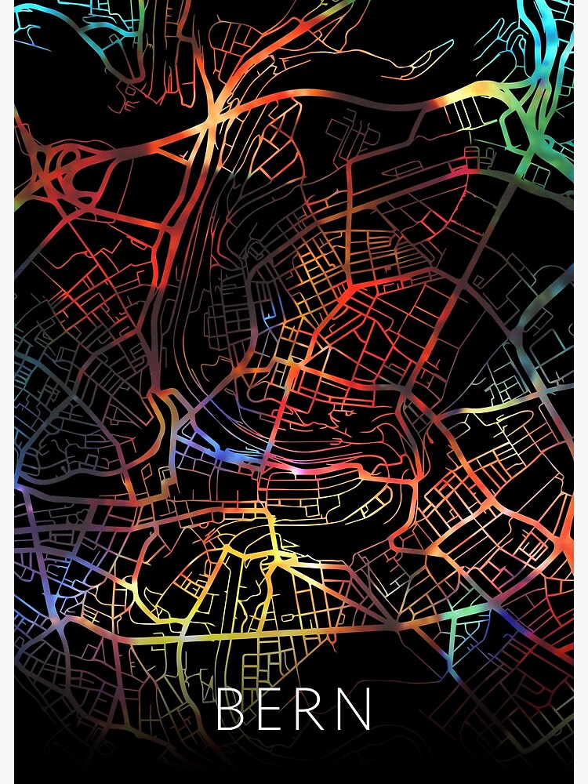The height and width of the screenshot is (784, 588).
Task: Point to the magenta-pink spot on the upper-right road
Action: (x=470, y=169)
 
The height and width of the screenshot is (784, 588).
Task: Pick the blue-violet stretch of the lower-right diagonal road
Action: (x=510, y=619)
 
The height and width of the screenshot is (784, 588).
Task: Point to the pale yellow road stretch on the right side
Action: (x=486, y=408)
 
